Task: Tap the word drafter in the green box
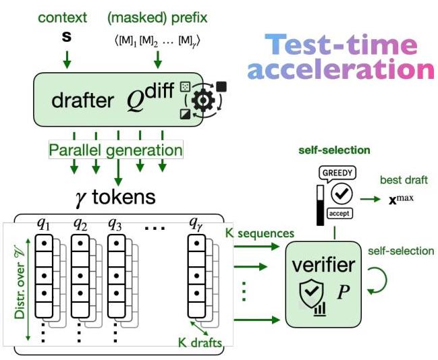click(x=82, y=101)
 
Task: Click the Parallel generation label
click(x=115, y=150)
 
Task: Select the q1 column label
click(x=46, y=223)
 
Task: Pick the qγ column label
click(x=196, y=223)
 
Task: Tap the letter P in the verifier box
click(x=341, y=295)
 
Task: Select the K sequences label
click(x=261, y=233)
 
